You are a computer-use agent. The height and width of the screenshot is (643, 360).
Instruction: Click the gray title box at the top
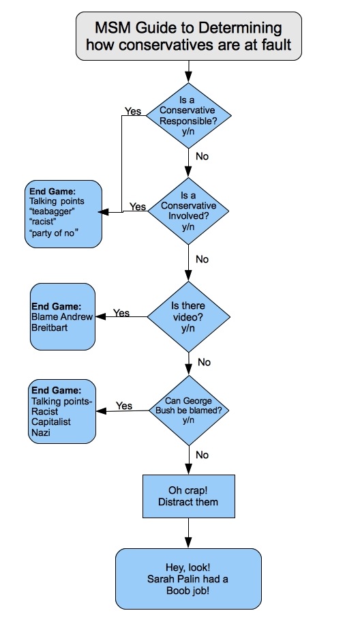pos(189,36)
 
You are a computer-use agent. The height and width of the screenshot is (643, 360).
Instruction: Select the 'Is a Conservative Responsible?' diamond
pos(189,116)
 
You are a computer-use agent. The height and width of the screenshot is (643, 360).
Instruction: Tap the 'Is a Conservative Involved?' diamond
pos(189,211)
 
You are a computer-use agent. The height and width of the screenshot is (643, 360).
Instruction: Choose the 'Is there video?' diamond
pos(189,316)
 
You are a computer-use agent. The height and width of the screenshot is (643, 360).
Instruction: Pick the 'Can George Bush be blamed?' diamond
pos(189,410)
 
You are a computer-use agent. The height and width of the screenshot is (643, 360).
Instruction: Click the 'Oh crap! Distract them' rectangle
pos(189,496)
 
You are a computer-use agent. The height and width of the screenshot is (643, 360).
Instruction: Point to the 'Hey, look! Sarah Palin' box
pos(188,579)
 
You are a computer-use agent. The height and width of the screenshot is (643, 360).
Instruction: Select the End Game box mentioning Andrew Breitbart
pos(63,316)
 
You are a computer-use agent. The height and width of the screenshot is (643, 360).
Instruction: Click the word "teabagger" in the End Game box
pos(52,211)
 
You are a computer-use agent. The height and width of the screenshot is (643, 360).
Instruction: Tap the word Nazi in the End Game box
pos(41,432)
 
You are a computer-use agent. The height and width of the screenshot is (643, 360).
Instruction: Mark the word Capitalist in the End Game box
pos(51,422)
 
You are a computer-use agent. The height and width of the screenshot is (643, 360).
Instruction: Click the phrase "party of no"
pos(54,233)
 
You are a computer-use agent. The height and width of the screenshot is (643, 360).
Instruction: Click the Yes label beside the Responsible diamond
pos(133,111)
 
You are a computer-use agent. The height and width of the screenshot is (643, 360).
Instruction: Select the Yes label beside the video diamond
pos(121,313)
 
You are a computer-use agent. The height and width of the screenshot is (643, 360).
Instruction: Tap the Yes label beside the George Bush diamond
pos(124,406)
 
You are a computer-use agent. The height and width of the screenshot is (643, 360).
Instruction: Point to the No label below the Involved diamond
pos(202,259)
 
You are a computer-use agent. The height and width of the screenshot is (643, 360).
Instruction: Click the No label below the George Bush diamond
pos(202,455)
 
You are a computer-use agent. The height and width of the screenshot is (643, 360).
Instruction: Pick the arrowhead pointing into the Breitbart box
pos(101,316)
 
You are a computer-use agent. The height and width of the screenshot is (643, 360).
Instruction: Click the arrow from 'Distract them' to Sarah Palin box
pos(189,533)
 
